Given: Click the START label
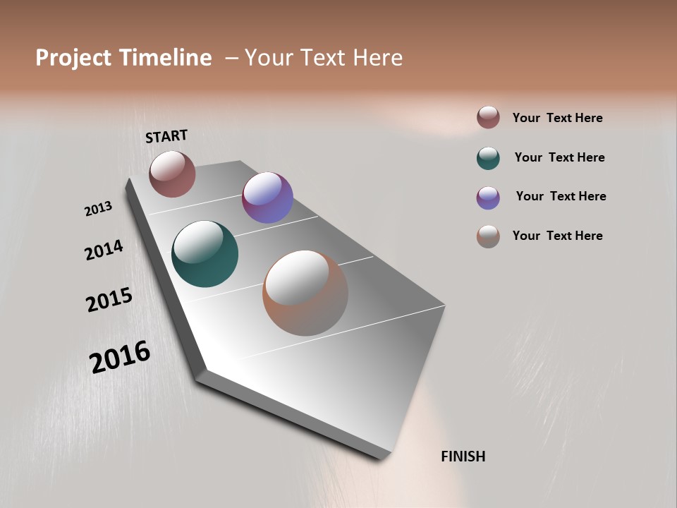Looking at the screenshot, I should (166, 136).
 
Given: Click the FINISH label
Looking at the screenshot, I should (463, 456).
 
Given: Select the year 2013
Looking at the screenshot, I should (98, 209).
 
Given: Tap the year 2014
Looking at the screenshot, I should (104, 250).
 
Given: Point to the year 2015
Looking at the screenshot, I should (109, 300).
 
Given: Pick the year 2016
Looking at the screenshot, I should (120, 357).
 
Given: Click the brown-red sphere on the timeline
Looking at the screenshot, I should (172, 174).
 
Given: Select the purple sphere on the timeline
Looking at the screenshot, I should (267, 198).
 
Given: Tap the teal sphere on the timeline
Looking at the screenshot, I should (205, 254).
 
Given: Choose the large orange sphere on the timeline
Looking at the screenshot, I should (305, 293).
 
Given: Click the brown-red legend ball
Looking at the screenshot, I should (488, 118).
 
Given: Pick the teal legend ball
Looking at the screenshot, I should (488, 158).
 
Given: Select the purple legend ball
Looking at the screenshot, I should (488, 198).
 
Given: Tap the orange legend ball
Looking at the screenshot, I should (488, 236).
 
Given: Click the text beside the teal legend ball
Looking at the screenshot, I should (559, 157).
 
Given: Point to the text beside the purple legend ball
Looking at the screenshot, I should (561, 196).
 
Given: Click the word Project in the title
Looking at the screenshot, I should (74, 58).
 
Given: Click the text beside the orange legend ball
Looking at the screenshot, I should (557, 236).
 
